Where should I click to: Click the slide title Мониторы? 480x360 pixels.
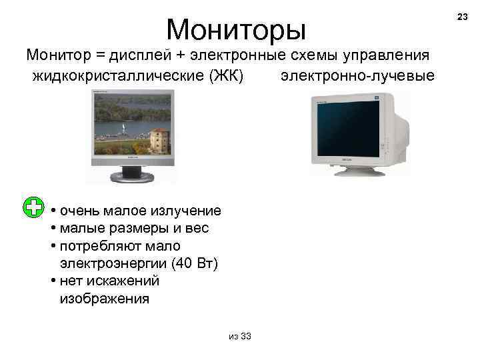tap(236, 29)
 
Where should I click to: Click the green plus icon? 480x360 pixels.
tap(32, 207)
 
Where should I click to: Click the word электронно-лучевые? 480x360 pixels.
tap(357, 75)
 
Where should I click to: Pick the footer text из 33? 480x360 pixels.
tap(239, 335)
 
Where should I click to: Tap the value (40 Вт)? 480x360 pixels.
tap(194, 263)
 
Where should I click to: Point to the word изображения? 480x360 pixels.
tap(104, 298)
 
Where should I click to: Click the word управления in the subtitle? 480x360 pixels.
tap(391, 55)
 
